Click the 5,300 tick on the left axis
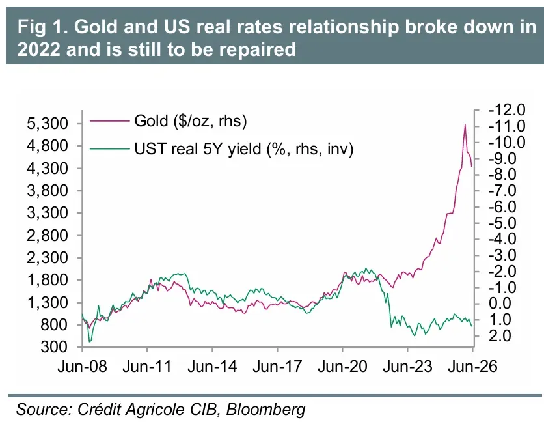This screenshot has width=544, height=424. [x=48, y=124]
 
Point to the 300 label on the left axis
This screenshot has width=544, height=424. [x=54, y=346]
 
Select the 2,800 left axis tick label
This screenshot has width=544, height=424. [x=48, y=235]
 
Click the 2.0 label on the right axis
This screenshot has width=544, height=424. [x=500, y=336]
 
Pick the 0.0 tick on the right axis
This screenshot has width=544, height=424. [x=500, y=304]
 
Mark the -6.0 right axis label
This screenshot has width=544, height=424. [x=502, y=206]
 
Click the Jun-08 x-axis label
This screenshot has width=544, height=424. [x=82, y=366]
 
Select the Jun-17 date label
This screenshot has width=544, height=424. [x=277, y=366]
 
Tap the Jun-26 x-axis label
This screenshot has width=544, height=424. [x=472, y=366]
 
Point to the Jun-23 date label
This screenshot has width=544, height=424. [x=407, y=366]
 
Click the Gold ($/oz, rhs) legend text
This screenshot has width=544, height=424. [x=191, y=121]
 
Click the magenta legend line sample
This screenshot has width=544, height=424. [x=109, y=121]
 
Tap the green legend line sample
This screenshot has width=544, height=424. [x=109, y=149]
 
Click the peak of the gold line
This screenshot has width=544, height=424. [x=465, y=124]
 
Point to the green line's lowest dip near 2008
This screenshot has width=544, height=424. [x=90, y=342]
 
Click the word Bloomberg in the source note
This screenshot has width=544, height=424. [x=265, y=409]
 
